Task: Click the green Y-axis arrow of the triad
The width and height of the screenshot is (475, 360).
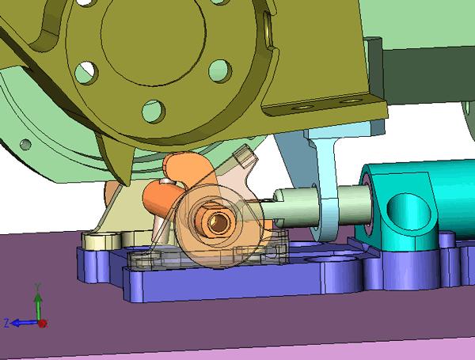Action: coord(38,305)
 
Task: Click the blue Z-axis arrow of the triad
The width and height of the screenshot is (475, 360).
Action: coord(25,323)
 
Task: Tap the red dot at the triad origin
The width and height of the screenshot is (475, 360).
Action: coord(43,324)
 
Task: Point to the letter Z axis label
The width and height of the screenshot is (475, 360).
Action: coord(6,323)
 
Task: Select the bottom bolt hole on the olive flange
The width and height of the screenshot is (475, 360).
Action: coord(154,112)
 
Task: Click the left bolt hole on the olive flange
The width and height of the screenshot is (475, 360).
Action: coord(86,73)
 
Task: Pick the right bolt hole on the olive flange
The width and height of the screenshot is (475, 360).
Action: coord(220,71)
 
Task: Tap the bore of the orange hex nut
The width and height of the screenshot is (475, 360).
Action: coord(218,222)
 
